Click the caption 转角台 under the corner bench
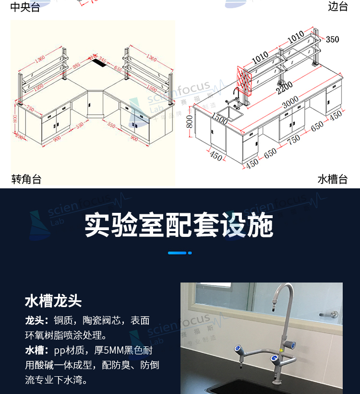(26, 180)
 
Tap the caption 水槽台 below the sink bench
(332, 180)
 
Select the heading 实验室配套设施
(179, 225)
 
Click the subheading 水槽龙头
(53, 301)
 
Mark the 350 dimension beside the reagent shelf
(333, 39)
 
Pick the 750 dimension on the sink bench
(293, 140)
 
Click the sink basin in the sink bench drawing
(229, 114)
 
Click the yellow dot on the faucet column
(275, 357)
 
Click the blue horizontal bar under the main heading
(177, 253)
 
